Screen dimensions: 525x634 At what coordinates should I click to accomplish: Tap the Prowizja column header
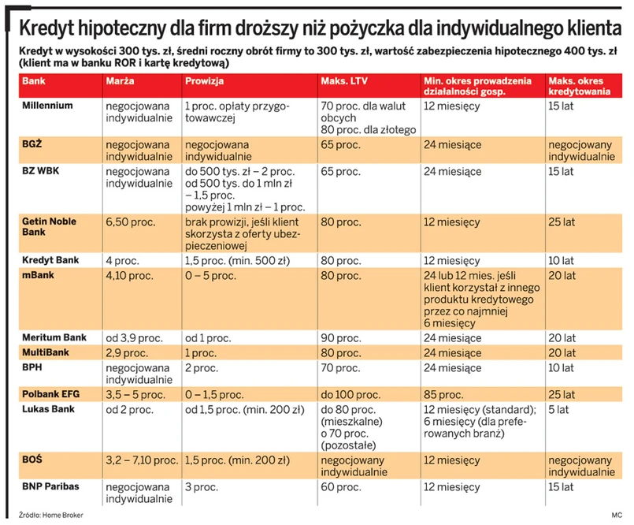pos(205,81)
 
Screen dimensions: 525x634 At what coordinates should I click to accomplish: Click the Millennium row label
pos(48,105)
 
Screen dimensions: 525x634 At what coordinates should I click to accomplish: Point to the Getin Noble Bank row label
pos(50,227)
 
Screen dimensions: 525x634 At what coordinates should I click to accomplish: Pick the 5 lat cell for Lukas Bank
pos(558,409)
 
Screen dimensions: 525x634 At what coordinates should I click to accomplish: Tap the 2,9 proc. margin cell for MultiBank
pos(127,352)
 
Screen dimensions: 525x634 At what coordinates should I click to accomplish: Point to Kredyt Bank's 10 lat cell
pos(562,261)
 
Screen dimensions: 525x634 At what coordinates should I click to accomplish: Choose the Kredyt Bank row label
pos(50,259)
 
